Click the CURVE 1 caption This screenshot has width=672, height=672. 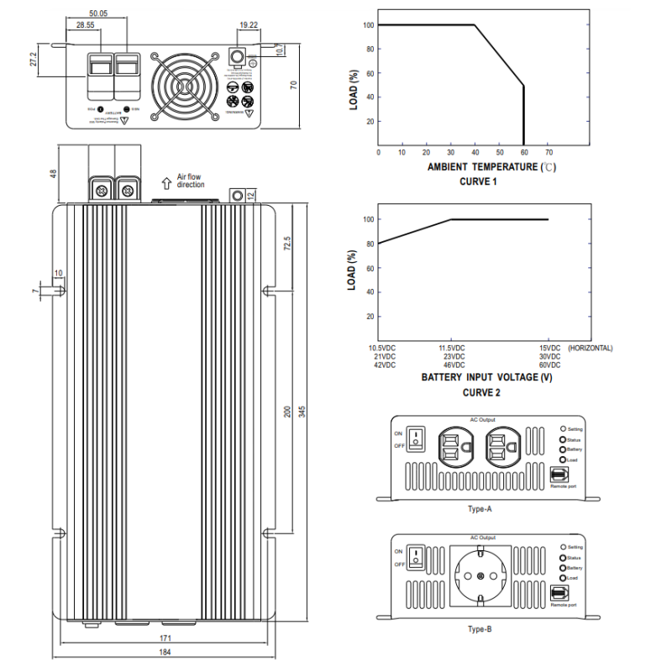point(478,181)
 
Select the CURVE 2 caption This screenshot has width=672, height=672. point(481,392)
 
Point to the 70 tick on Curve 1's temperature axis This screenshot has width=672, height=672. point(549,153)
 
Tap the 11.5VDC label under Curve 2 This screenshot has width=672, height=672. point(452,348)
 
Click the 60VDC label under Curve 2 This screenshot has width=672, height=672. point(549,365)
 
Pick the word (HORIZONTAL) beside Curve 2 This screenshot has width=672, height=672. point(591,348)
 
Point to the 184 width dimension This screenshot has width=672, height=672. point(165,653)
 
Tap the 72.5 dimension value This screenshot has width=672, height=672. point(286,244)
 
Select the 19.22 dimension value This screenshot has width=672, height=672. point(248,26)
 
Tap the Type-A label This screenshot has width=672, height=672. point(480,509)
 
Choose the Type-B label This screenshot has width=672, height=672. point(480,628)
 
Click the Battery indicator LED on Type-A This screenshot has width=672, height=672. point(563,449)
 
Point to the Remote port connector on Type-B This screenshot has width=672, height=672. point(559,594)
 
